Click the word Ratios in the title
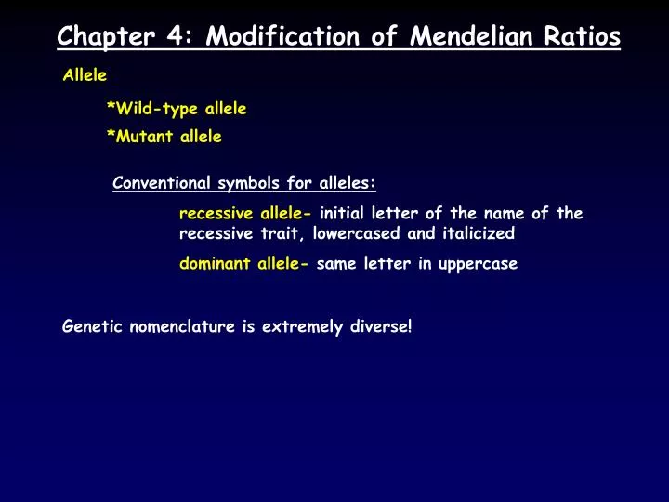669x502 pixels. [x=584, y=37]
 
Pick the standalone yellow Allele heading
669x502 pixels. [x=85, y=75]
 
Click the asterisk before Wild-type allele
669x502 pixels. [x=111, y=107]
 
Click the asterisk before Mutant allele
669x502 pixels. [x=111, y=135]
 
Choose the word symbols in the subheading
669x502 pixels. [x=248, y=182]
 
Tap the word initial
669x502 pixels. [x=344, y=213]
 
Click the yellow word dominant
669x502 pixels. [x=215, y=263]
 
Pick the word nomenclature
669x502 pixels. [x=179, y=326]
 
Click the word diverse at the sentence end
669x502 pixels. [x=379, y=326]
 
